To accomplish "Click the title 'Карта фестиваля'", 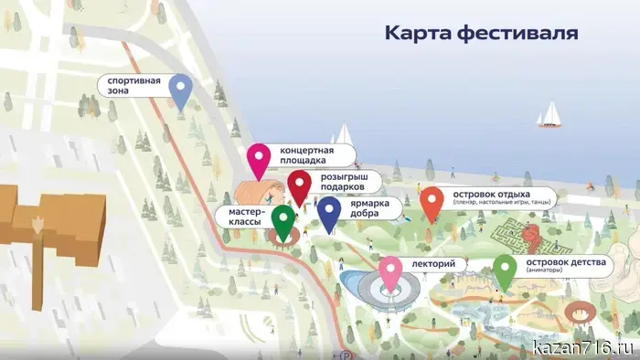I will (x=480, y=34).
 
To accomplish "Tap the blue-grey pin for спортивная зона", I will (x=182, y=89).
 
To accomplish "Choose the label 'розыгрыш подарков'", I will (x=347, y=181).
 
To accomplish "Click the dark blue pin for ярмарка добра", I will (x=329, y=212).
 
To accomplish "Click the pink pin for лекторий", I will (x=391, y=271).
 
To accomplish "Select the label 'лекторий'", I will (x=433, y=264).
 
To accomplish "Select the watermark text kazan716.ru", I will (x=582, y=347).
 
